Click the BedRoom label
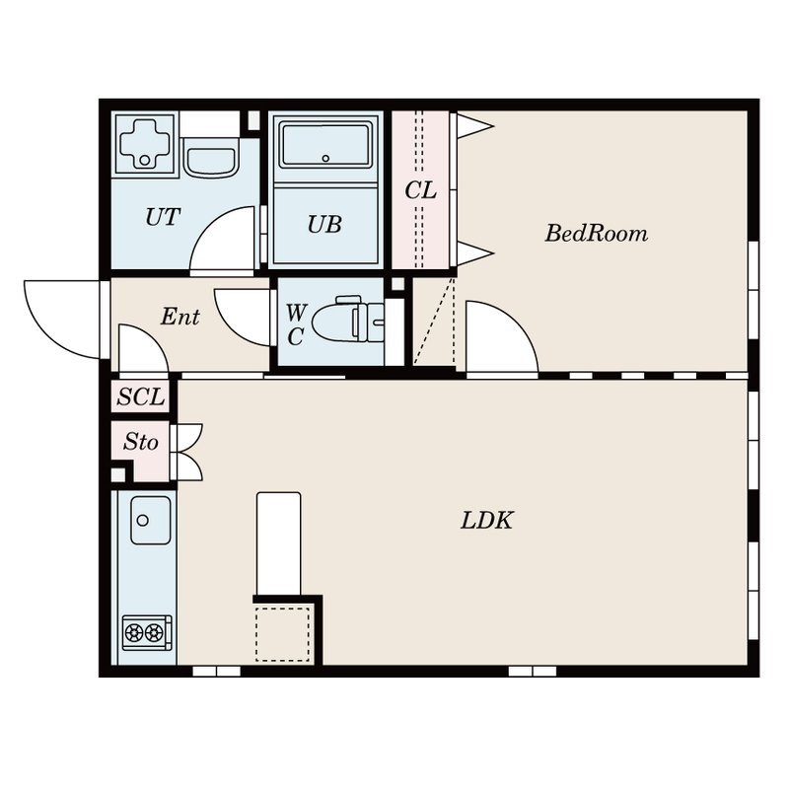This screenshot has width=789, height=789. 597,234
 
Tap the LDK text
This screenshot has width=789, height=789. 486,521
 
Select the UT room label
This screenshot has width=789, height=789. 163,217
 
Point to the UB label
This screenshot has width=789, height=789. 324,225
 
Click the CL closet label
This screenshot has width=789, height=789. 421,190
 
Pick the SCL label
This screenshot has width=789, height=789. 141,397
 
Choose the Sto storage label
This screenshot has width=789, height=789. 141,442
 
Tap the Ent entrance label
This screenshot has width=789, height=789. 180,317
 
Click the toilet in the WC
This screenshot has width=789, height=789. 348,320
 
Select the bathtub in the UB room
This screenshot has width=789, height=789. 325,145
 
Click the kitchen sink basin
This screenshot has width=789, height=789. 151,521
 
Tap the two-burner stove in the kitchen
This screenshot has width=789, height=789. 147,632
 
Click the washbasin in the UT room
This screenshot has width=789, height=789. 210,157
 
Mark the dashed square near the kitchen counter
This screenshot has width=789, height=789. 282,634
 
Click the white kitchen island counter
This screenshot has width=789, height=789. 279,544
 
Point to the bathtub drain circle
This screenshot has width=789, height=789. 325,159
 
